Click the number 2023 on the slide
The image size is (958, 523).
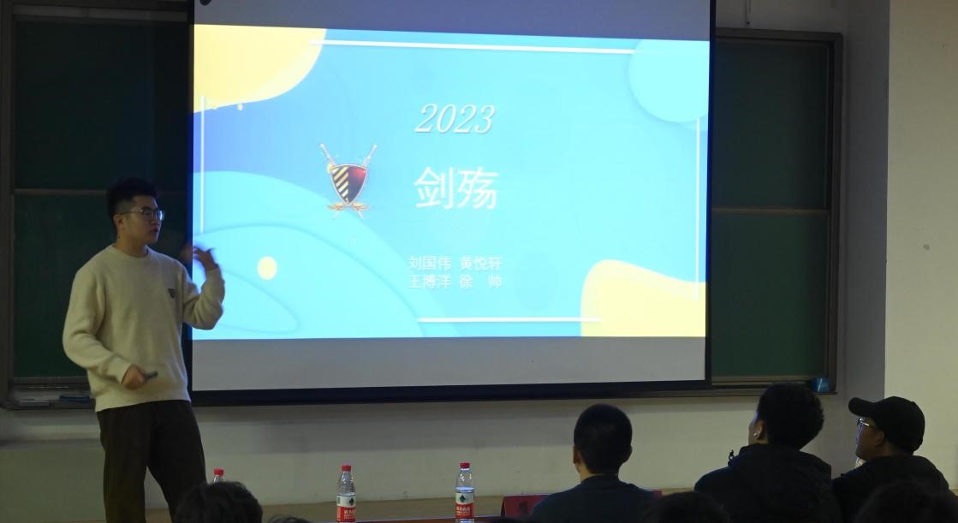[x=455, y=119]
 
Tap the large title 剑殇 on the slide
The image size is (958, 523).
[x=455, y=188]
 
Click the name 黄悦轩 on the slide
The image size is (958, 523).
[x=480, y=263]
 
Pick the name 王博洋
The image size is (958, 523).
[x=429, y=281]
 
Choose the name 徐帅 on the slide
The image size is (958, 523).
[x=480, y=281]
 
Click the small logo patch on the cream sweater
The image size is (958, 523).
[x=170, y=293]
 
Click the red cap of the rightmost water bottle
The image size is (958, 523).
[x=464, y=467]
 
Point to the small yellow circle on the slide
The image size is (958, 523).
[x=267, y=268]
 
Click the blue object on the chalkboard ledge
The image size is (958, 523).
[x=821, y=384]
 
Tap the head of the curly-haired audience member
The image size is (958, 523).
[x=788, y=416]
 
